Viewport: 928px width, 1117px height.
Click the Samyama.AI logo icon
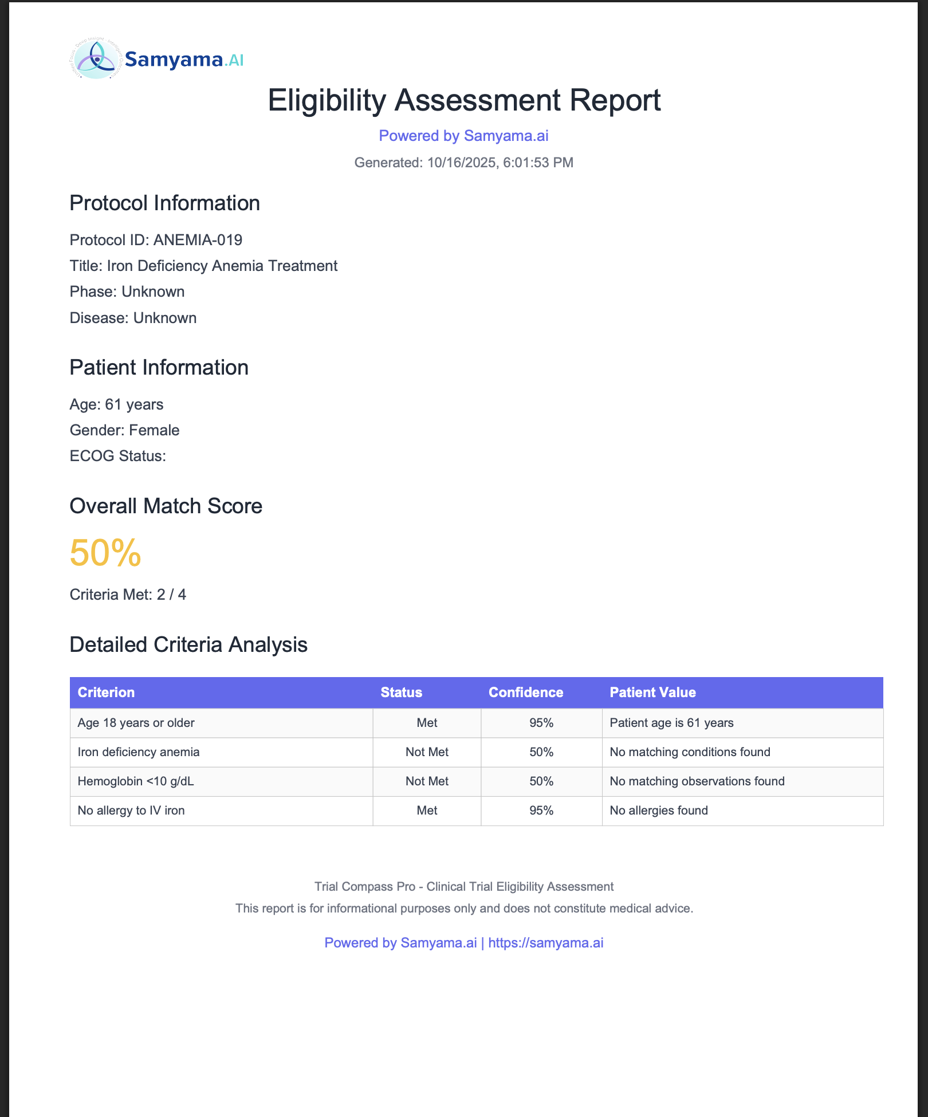click(96, 58)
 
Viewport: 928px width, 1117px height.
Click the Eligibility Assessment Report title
click(464, 100)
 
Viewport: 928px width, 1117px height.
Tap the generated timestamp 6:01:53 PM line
click(463, 163)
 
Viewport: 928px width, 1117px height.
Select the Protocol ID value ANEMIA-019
click(198, 240)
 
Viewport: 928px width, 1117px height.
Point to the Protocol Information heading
click(164, 203)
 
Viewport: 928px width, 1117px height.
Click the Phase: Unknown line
click(127, 292)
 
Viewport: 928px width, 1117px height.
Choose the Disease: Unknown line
click(133, 318)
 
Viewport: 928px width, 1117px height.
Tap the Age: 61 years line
click(116, 404)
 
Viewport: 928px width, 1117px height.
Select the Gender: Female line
click(124, 430)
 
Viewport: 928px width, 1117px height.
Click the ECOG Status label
click(117, 456)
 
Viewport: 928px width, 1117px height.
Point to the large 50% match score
click(105, 553)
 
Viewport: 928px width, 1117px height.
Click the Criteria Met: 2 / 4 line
click(128, 595)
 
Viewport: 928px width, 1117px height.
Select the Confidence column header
click(526, 693)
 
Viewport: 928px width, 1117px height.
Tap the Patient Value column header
click(652, 693)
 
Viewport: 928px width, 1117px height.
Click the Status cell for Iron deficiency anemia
click(427, 752)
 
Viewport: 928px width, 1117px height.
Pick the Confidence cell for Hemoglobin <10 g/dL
click(541, 781)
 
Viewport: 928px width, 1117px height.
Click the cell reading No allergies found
click(659, 811)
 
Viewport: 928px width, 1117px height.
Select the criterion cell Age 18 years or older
click(136, 723)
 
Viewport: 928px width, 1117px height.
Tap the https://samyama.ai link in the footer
click(546, 943)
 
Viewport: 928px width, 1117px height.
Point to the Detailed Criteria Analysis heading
click(188, 645)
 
